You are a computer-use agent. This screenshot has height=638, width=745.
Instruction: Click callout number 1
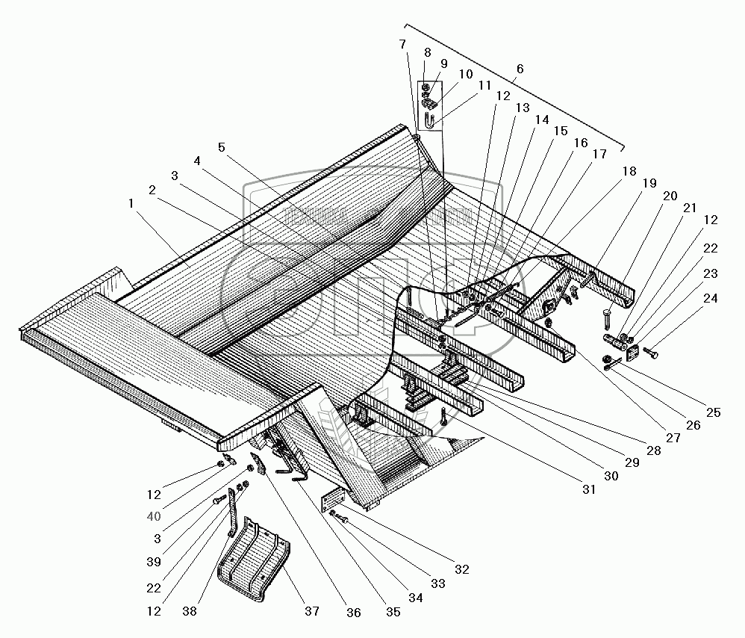point(131,202)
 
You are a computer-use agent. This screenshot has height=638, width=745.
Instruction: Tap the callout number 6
point(520,69)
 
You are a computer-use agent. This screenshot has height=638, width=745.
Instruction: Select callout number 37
point(311,611)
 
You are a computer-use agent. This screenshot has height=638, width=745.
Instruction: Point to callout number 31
point(589,490)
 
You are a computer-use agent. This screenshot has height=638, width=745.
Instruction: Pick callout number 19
point(649,182)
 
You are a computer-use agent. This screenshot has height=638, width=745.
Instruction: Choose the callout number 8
point(427,52)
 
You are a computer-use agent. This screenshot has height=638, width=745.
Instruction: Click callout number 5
point(222,146)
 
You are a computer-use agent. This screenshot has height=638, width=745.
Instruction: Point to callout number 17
point(599,155)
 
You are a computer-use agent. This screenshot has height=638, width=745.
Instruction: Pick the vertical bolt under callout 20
point(606,319)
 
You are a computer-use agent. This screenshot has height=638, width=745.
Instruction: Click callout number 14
point(540,119)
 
